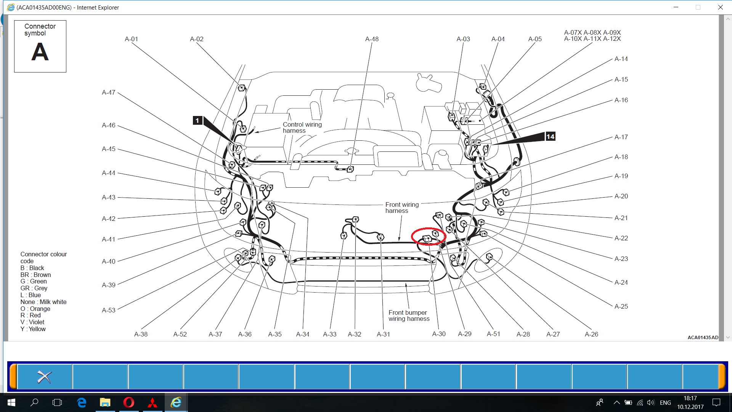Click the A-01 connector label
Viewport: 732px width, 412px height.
(132, 39)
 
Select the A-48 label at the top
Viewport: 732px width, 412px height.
(372, 39)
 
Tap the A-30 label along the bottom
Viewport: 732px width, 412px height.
(439, 334)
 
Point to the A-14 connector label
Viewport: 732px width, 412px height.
(621, 59)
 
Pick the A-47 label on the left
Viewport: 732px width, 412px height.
(109, 92)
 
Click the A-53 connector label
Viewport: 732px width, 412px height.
(109, 310)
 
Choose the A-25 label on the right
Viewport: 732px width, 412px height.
(621, 306)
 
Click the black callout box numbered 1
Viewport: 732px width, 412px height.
(197, 121)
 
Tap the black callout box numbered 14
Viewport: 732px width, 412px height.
(550, 137)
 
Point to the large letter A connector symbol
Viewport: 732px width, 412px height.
(40, 52)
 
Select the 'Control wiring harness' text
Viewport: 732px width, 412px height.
(302, 127)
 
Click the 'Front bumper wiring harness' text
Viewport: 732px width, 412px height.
(409, 315)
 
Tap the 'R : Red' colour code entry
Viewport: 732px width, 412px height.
(30, 315)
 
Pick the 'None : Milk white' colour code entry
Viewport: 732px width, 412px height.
(43, 302)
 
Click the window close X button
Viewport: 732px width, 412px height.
(720, 7)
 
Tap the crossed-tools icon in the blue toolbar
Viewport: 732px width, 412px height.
(44, 377)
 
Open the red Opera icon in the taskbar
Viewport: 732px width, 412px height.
(129, 402)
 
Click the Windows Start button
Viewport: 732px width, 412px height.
(11, 402)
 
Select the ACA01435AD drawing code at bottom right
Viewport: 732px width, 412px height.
(703, 337)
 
